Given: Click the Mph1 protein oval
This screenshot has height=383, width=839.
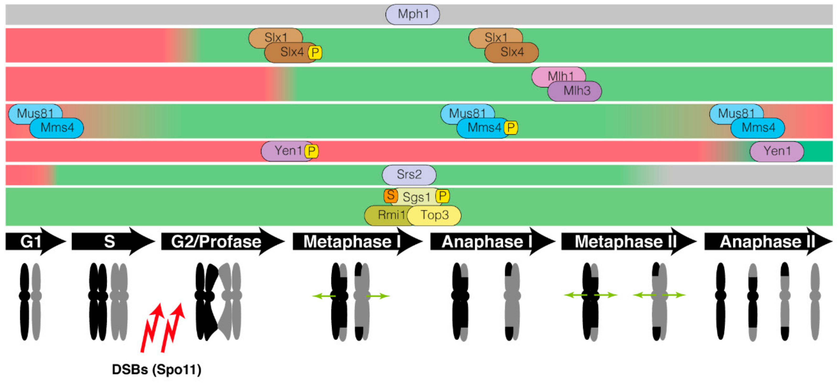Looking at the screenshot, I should (x=412, y=14).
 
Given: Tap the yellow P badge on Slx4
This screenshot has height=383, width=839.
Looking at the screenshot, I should (x=315, y=53).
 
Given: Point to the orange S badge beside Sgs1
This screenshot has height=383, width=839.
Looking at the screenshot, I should (x=391, y=196).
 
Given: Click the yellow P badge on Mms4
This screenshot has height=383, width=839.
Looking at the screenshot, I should (x=511, y=128).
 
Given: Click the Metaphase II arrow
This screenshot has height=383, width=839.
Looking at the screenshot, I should (x=625, y=241).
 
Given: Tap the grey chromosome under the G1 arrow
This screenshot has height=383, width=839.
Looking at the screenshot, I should (x=37, y=301).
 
